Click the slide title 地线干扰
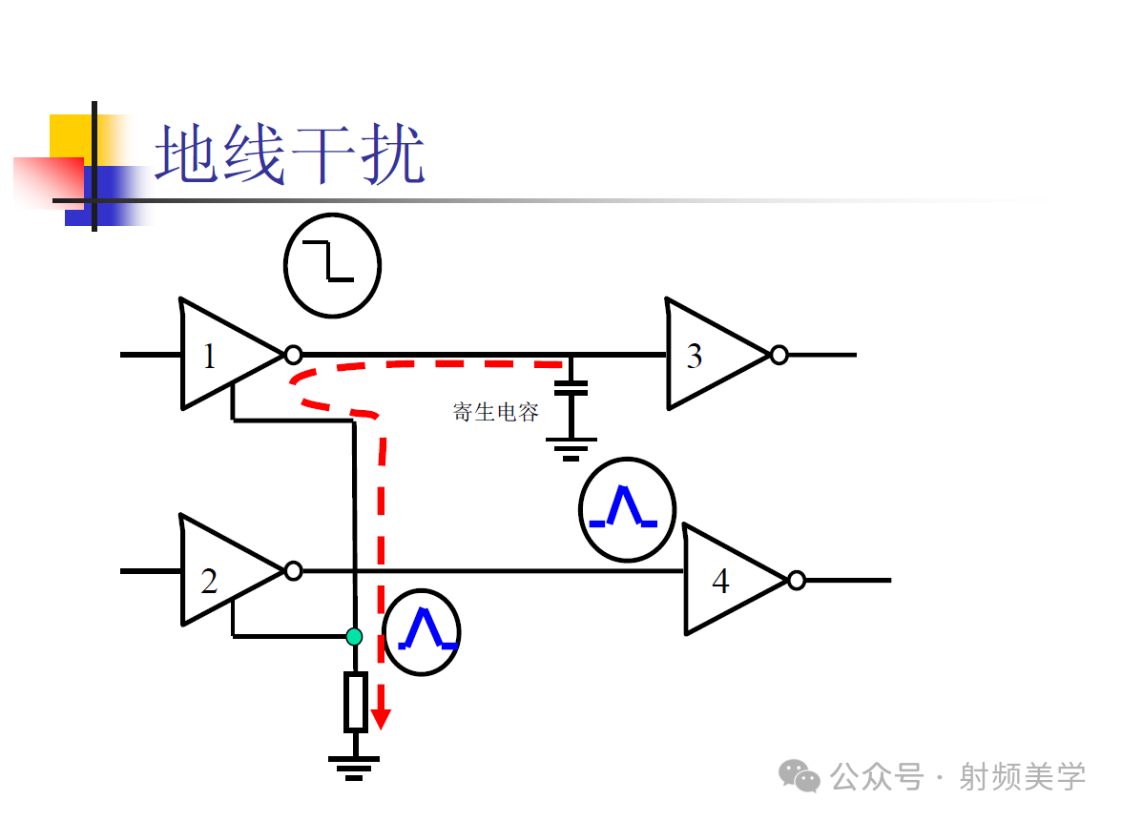(x=289, y=154)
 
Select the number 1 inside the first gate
(x=210, y=356)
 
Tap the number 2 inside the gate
(x=209, y=580)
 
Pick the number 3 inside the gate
(x=695, y=356)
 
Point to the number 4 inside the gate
(x=720, y=580)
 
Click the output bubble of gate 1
(x=293, y=355)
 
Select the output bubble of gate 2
(x=293, y=571)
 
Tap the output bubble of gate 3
(x=779, y=355)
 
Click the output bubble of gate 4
(x=797, y=580)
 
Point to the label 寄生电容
(x=495, y=412)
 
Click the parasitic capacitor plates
(x=571, y=387)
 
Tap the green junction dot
(x=354, y=636)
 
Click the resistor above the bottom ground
(x=355, y=701)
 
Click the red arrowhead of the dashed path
(x=381, y=717)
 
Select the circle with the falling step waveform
(x=332, y=265)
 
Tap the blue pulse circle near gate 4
(x=627, y=509)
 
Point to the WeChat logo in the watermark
(x=800, y=775)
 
